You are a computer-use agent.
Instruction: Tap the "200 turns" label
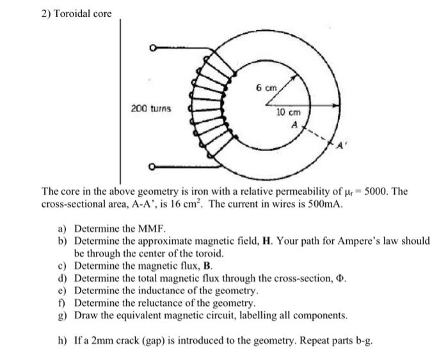(x=150, y=108)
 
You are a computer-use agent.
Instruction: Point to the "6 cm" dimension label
(x=266, y=86)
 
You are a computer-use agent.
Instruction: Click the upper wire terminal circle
(x=152, y=47)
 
